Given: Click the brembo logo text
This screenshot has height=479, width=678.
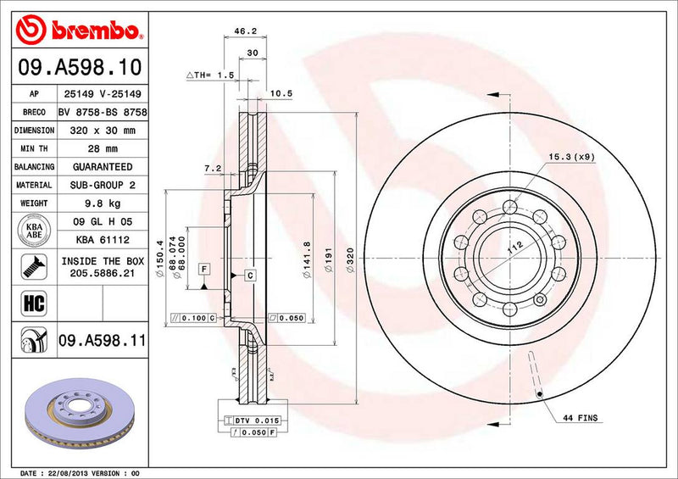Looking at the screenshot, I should (x=93, y=31).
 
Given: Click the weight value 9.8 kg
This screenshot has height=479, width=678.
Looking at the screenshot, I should (x=101, y=203).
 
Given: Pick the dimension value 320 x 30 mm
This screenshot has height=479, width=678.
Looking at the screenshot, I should (x=101, y=131).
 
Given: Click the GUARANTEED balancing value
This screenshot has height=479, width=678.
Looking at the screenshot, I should (x=101, y=167).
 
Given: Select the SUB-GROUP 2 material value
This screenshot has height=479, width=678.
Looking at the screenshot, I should (x=101, y=185).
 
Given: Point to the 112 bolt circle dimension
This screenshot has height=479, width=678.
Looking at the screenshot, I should (x=511, y=249).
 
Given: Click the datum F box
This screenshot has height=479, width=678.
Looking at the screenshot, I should (x=204, y=270).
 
